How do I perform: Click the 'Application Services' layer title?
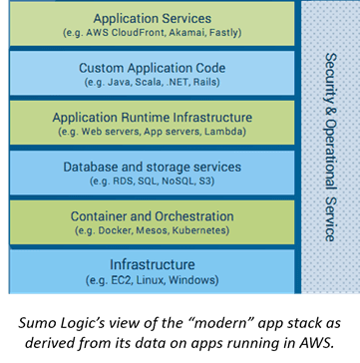tap(153, 18)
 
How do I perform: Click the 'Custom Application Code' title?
tap(153, 67)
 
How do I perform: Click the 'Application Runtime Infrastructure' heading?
tap(153, 117)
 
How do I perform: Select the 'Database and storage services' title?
tap(153, 166)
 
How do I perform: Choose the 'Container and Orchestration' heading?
tap(153, 215)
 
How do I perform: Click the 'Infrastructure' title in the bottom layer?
tap(153, 264)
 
